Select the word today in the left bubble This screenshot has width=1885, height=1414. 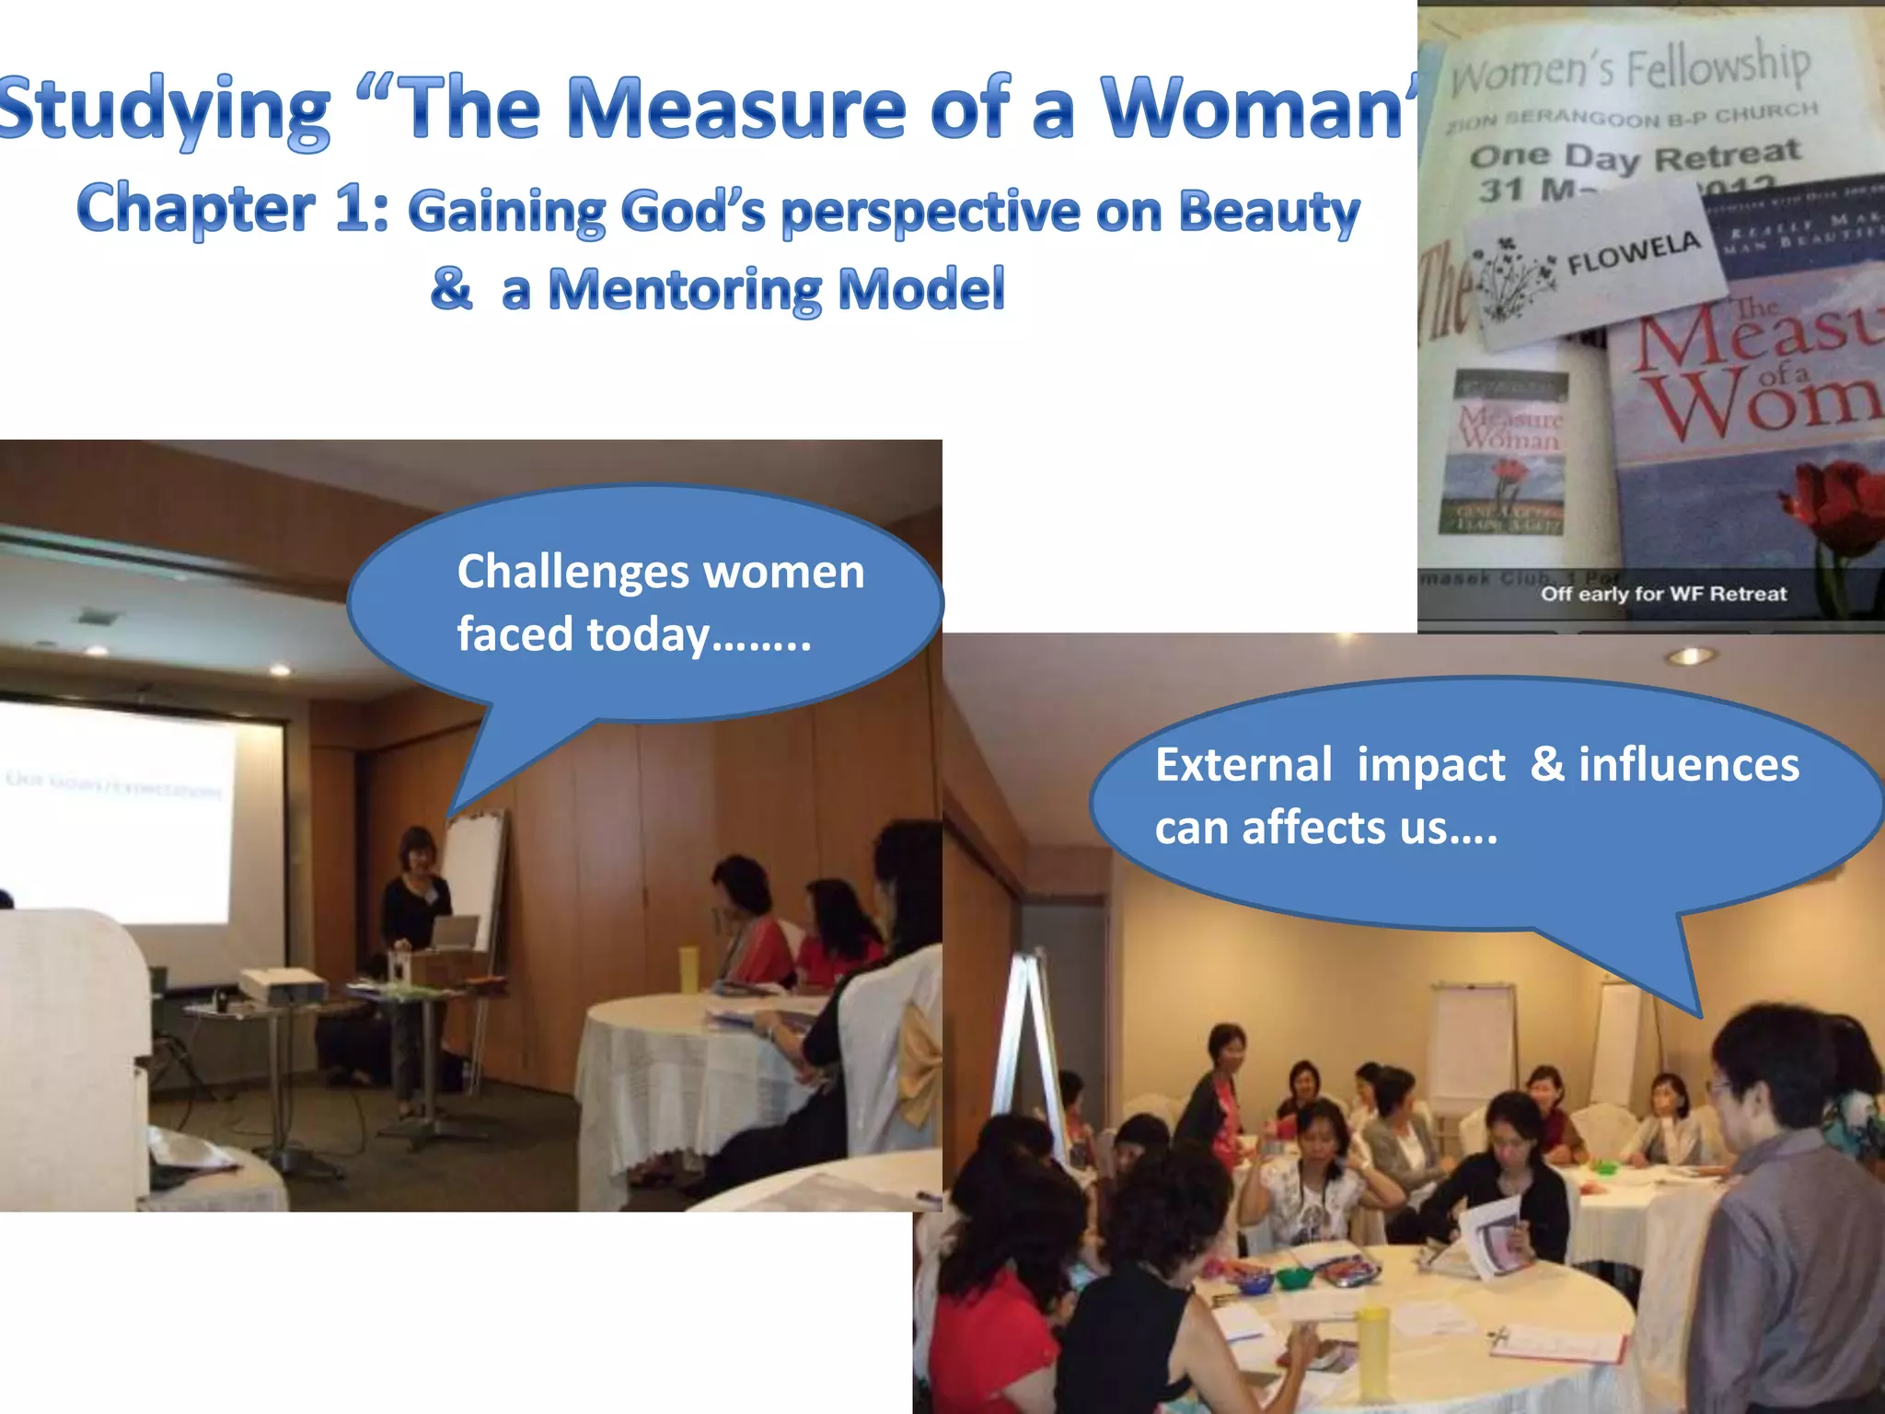tap(648, 634)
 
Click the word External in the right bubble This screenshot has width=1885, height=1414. tap(1243, 765)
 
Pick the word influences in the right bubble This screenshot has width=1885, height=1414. tap(1688, 765)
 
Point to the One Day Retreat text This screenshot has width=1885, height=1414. tap(1634, 156)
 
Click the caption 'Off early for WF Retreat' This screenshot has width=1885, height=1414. tap(1663, 594)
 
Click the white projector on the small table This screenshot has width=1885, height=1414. tap(283, 986)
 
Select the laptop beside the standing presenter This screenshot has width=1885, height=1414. tap(455, 932)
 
